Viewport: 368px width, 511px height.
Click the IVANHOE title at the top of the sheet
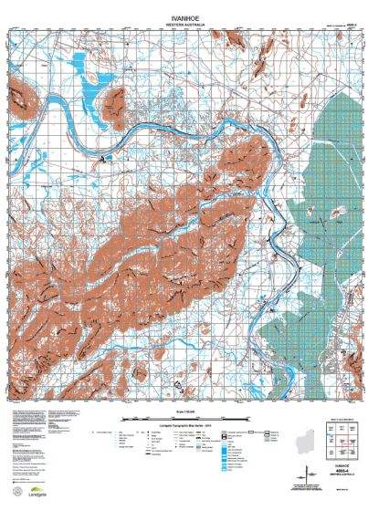(x=184, y=16)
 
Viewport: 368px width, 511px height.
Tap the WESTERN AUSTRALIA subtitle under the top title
(x=184, y=23)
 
